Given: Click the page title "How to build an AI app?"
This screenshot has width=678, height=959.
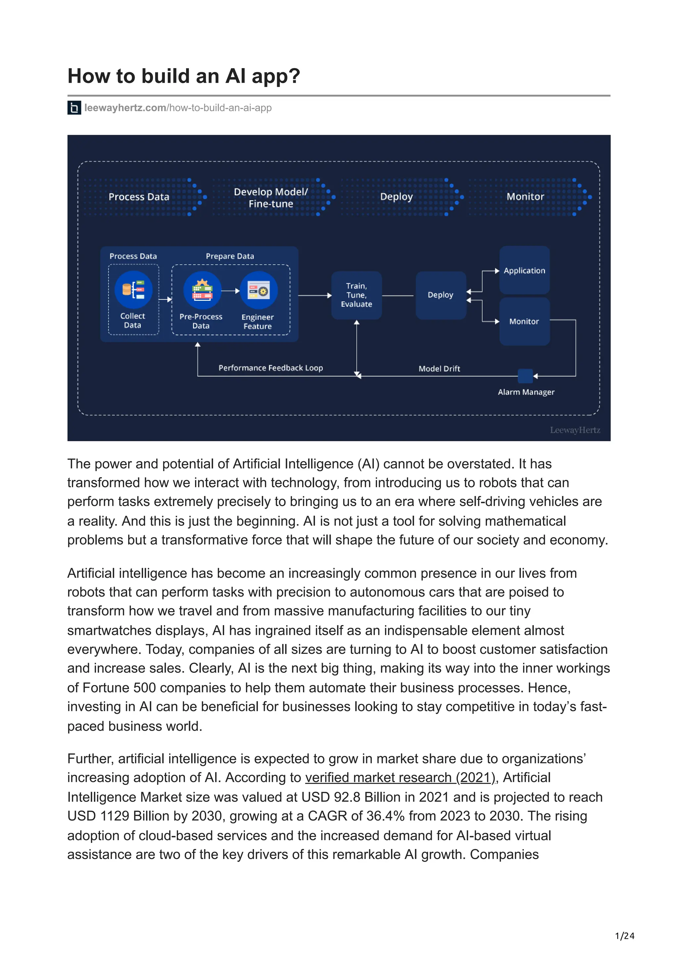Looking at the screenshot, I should click(183, 76).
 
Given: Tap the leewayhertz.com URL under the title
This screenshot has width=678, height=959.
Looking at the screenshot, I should click(177, 108).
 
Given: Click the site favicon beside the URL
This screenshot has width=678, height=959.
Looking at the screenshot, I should click(74, 108).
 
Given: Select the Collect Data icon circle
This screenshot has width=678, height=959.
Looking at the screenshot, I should click(133, 290).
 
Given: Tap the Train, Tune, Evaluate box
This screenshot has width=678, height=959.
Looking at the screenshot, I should click(356, 295).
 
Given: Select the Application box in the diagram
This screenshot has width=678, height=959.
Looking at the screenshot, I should click(524, 270).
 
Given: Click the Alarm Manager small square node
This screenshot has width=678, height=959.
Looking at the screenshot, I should click(525, 376).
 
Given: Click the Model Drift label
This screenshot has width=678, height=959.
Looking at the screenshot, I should click(439, 368).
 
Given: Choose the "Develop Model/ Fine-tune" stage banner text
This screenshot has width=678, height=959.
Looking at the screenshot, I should click(271, 198).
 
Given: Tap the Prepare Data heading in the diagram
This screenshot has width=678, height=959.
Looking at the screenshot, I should click(230, 256).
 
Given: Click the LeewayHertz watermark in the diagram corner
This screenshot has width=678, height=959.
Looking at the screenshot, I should click(574, 430).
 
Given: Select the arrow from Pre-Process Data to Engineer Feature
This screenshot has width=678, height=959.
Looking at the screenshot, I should click(230, 291).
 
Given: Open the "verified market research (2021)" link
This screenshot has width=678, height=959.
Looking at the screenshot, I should click(400, 777).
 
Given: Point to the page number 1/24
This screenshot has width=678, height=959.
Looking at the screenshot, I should click(624, 936).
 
